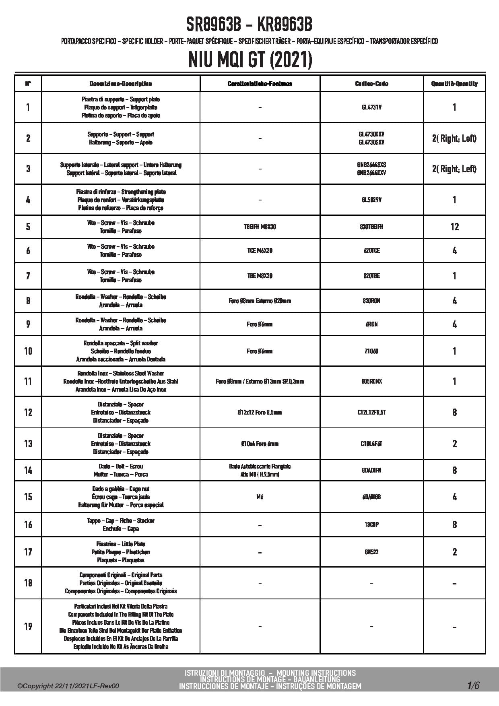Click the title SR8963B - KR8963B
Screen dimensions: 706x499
click(x=249, y=25)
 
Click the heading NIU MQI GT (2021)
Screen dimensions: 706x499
click(x=250, y=60)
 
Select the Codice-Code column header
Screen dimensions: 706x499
click(x=371, y=84)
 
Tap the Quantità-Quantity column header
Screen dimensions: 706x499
click(x=454, y=84)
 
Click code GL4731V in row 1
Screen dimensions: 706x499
click(x=371, y=107)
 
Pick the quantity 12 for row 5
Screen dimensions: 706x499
click(x=454, y=227)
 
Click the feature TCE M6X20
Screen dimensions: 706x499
click(x=260, y=251)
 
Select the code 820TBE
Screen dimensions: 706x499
click(x=371, y=276)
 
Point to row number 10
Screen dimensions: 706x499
click(x=28, y=351)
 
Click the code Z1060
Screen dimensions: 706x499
click(x=371, y=351)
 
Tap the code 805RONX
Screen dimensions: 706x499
click(x=371, y=381)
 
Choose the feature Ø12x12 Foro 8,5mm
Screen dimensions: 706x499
click(x=260, y=412)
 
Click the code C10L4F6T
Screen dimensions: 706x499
click(x=371, y=444)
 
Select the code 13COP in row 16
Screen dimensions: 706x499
click(x=371, y=525)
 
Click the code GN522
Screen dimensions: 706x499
click(x=371, y=552)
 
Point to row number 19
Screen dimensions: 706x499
click(x=28, y=626)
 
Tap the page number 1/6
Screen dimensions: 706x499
click(x=473, y=685)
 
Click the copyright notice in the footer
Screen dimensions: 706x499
click(x=68, y=686)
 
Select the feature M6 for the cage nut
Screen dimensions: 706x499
click(x=260, y=497)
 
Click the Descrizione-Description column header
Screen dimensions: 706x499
click(x=121, y=84)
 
